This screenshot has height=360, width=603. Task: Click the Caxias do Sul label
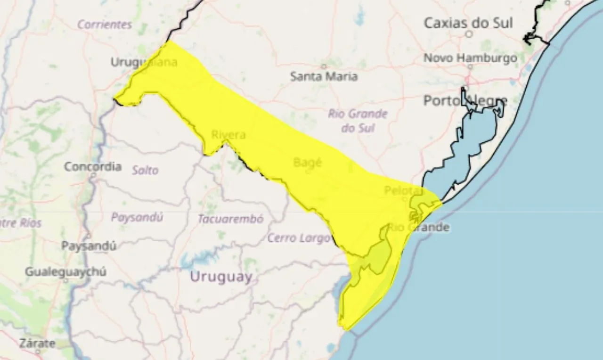click(x=468, y=23)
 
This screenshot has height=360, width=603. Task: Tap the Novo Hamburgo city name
click(x=470, y=58)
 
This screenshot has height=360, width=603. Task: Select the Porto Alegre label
click(x=465, y=100)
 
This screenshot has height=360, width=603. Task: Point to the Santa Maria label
click(x=324, y=76)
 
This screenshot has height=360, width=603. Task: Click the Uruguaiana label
click(x=144, y=62)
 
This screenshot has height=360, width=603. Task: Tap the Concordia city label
click(x=92, y=166)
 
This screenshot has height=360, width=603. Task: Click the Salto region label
click(x=145, y=170)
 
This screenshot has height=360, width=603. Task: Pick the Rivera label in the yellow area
click(x=228, y=135)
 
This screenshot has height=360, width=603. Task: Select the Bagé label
click(x=307, y=163)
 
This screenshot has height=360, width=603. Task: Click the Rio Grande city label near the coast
click(x=418, y=228)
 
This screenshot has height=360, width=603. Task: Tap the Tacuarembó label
click(x=230, y=219)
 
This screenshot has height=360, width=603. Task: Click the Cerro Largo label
click(x=299, y=238)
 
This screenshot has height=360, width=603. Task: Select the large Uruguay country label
click(x=221, y=277)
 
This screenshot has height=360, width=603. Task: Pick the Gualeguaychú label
click(x=65, y=272)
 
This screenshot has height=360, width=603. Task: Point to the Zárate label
click(x=37, y=344)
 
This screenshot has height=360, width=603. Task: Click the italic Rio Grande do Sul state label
click(x=358, y=121)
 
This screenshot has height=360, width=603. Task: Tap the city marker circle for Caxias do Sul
click(x=469, y=34)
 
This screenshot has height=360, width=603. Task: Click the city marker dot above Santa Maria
click(x=324, y=66)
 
